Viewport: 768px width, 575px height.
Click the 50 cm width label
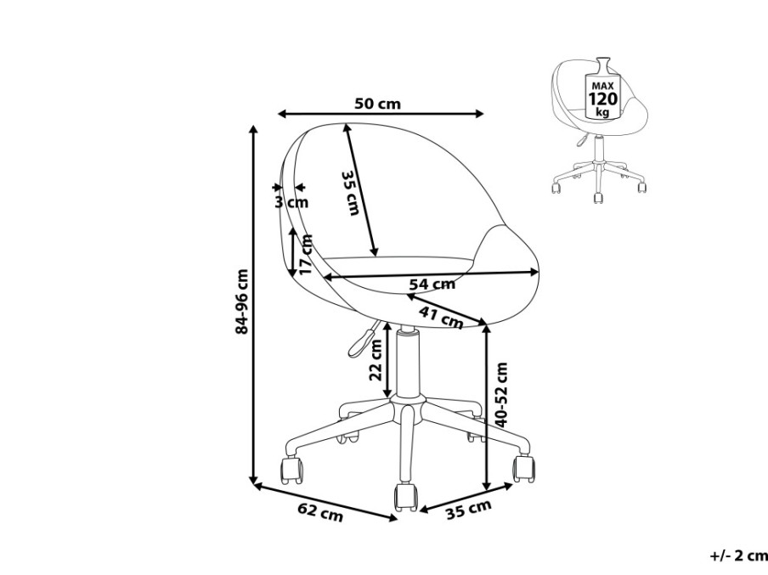tap(377, 104)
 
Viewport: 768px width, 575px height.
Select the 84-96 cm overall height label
tap(242, 302)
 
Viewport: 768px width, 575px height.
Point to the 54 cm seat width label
tap(432, 284)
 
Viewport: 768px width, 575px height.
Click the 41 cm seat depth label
tap(440, 317)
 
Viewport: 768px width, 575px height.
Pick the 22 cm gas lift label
tap(376, 360)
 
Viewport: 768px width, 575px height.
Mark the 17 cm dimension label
tap(306, 255)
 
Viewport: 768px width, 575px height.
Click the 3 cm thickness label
tap(291, 202)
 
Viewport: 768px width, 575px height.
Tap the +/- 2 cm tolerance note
tap(739, 556)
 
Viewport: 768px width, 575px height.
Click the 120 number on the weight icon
tap(603, 99)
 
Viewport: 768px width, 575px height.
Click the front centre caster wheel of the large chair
tap(405, 497)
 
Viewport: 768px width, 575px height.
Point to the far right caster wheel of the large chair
tap(523, 469)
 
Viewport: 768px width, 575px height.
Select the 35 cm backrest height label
tap(351, 193)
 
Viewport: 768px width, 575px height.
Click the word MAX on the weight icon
tap(602, 86)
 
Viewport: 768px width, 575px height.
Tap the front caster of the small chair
tap(597, 198)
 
